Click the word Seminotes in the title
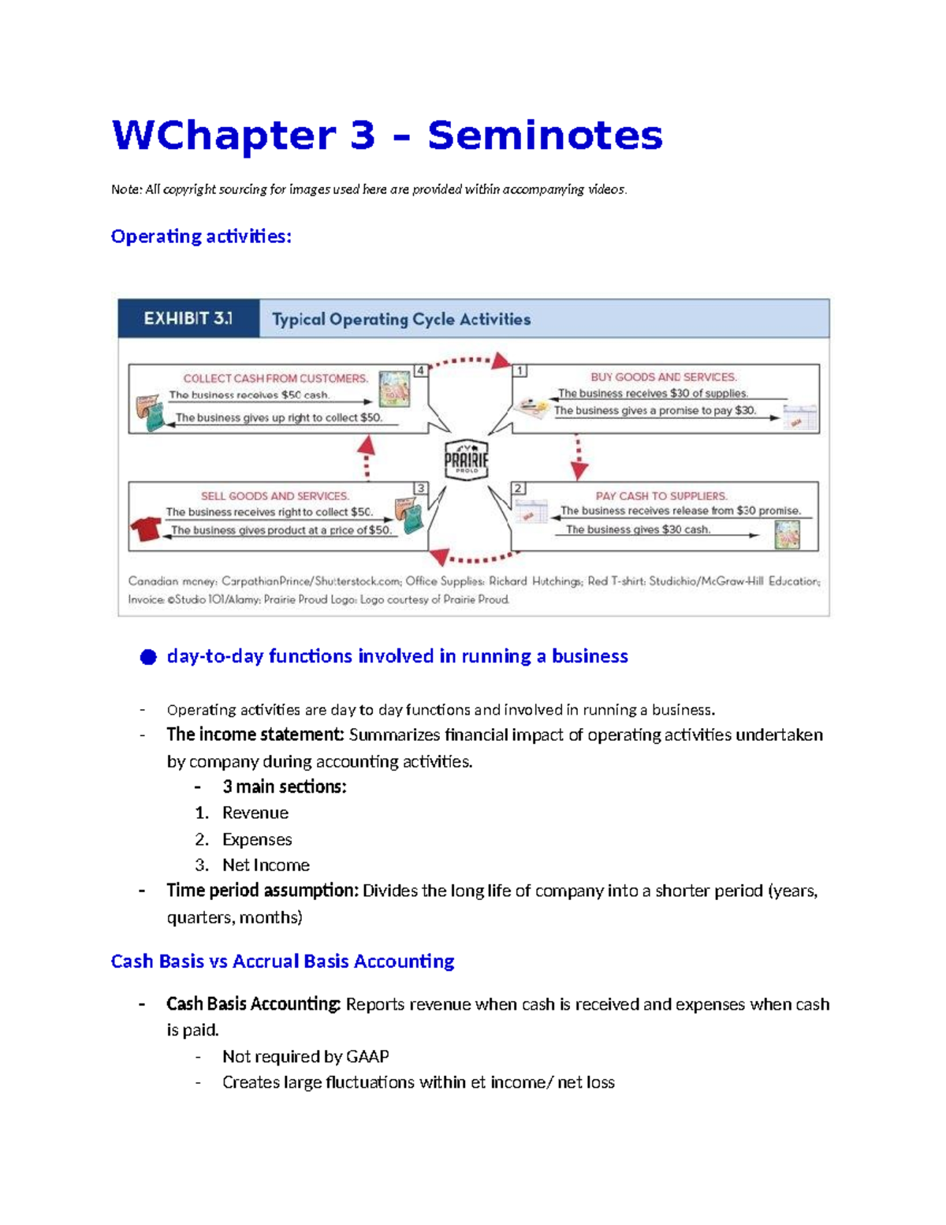click(545, 136)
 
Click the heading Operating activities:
click(201, 237)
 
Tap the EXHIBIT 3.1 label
click(188, 319)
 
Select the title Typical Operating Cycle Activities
click(401, 319)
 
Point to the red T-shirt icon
click(146, 528)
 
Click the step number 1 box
click(520, 370)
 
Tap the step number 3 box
click(421, 488)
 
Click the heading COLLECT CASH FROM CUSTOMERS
click(275, 379)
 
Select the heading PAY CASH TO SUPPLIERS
click(661, 496)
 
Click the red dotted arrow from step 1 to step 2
click(579, 457)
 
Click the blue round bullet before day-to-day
click(148, 657)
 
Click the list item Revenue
click(255, 813)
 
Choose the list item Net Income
click(266, 865)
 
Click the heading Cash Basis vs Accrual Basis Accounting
click(282, 962)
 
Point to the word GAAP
click(367, 1057)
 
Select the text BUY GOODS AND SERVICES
click(664, 377)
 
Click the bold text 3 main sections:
click(284, 787)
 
